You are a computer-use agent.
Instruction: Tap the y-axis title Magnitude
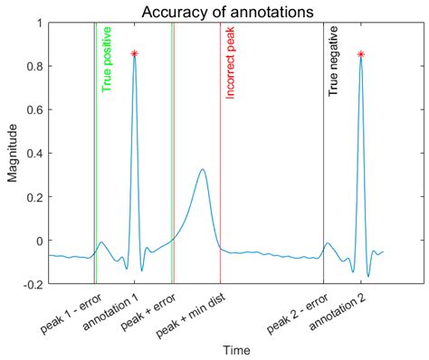(13, 153)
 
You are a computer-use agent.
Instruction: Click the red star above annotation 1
(134, 54)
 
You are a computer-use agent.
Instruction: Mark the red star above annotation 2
(361, 54)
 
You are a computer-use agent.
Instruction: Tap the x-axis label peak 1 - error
(69, 311)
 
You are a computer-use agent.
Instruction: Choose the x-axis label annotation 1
(111, 313)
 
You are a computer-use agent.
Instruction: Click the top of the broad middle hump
(202, 169)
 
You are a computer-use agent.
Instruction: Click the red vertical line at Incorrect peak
(220, 181)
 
